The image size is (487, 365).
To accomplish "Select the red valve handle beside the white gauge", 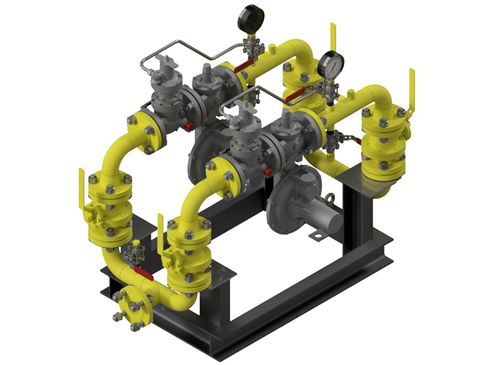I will tap(296, 94).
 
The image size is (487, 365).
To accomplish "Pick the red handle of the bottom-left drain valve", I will tap(144, 272).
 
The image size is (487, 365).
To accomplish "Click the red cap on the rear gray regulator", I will tap(189, 126).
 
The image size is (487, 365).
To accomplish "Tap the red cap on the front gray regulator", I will tap(268, 172).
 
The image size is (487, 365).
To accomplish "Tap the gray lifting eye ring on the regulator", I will tap(329, 199).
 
